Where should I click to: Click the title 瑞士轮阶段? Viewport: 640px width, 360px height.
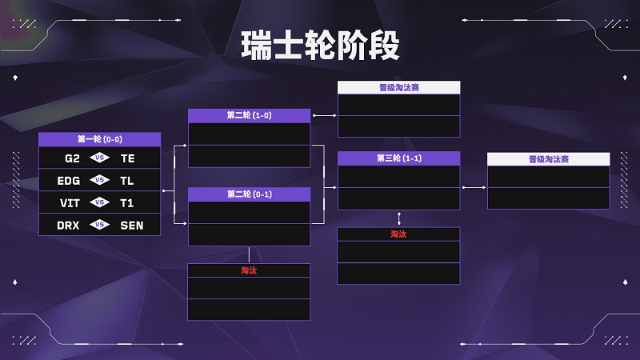[321, 46]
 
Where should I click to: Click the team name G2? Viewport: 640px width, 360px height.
[72, 158]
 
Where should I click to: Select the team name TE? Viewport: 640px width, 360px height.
[128, 158]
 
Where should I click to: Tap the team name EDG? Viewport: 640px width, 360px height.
[69, 181]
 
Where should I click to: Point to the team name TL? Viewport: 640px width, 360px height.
[127, 181]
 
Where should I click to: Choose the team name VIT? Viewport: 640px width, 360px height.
[70, 203]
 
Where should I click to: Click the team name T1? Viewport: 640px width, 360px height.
[127, 203]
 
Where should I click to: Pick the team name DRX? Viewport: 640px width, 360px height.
[68, 226]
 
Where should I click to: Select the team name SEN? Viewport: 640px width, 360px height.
[132, 226]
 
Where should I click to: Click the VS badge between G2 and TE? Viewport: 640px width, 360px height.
[99, 158]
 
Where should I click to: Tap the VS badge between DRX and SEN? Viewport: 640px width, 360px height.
[99, 225]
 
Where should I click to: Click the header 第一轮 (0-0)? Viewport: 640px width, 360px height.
[99, 139]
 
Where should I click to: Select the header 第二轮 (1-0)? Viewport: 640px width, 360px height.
[249, 115]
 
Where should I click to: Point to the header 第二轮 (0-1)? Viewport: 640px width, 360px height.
[249, 194]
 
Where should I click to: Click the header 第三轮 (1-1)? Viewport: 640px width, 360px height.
[398, 158]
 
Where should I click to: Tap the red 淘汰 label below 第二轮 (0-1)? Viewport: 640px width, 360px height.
[249, 270]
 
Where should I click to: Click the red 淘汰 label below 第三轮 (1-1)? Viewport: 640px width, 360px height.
[398, 234]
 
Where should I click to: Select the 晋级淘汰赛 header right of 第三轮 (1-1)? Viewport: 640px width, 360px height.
[549, 159]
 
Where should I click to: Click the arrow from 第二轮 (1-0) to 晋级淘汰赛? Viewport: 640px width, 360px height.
[325, 115]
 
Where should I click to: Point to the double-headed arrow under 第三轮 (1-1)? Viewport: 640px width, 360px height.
[398, 218]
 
